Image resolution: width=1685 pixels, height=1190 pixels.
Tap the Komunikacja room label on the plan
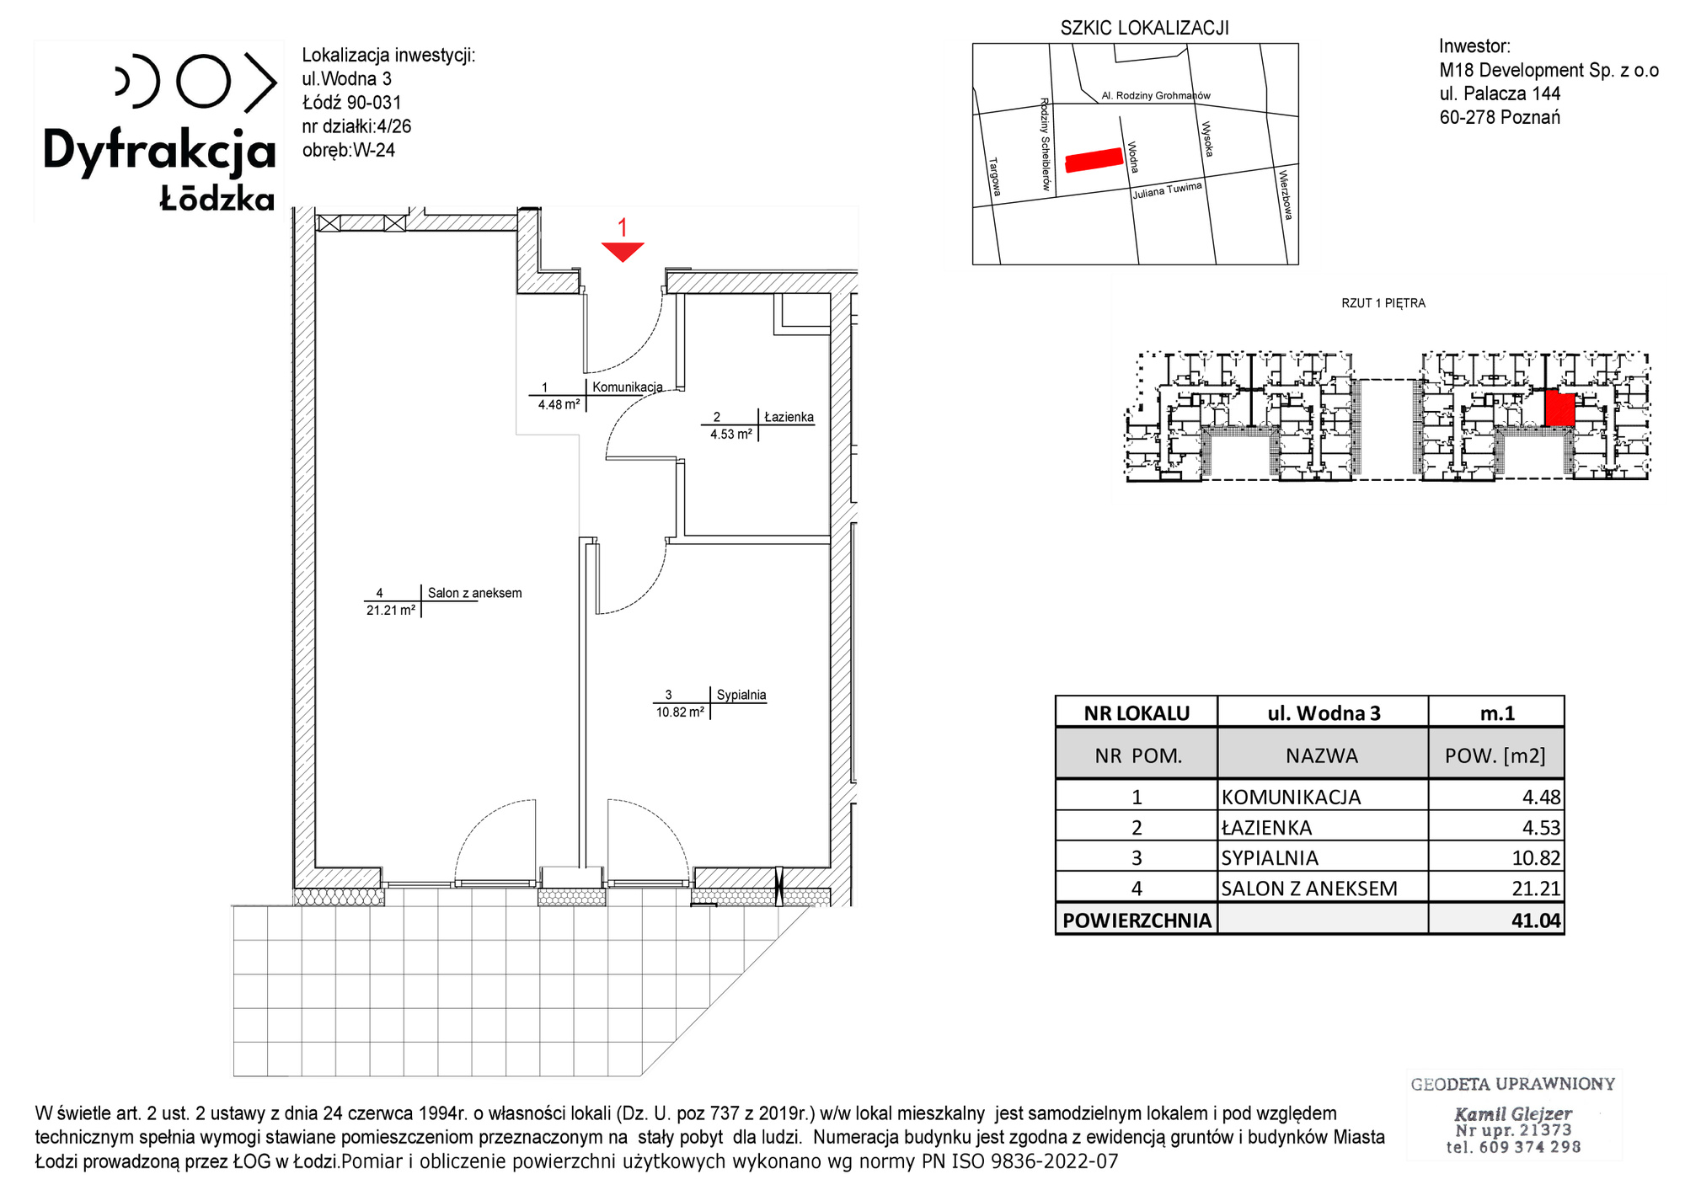pyautogui.click(x=628, y=387)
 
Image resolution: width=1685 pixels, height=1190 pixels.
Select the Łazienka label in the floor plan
pyautogui.click(x=789, y=417)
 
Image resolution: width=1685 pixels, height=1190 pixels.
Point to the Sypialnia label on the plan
pyautogui.click(x=741, y=695)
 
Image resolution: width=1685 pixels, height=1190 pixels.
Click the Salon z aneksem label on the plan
pyautogui.click(x=474, y=593)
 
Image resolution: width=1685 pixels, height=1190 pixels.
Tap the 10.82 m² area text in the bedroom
pyautogui.click(x=680, y=712)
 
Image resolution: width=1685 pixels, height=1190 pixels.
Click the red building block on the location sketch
pyautogui.click(x=1094, y=159)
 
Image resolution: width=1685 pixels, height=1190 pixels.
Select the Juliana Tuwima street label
pyautogui.click(x=1167, y=190)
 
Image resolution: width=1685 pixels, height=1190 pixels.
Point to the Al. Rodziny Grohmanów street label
pyautogui.click(x=1156, y=96)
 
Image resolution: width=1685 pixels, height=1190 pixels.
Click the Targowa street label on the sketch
pyautogui.click(x=994, y=177)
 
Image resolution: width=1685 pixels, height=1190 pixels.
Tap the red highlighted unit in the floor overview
pyautogui.click(x=1560, y=408)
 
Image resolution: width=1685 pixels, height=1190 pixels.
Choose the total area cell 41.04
pyautogui.click(x=1536, y=920)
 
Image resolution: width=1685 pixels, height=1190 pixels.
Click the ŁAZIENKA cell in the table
pyautogui.click(x=1266, y=828)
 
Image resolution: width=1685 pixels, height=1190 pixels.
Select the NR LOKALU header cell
pyautogui.click(x=1137, y=713)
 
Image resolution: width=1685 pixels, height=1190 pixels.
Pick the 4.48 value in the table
pyautogui.click(x=1541, y=797)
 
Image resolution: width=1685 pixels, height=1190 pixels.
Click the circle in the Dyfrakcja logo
pyautogui.click(x=203, y=81)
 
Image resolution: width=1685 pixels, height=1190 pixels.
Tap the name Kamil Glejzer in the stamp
pyautogui.click(x=1513, y=1113)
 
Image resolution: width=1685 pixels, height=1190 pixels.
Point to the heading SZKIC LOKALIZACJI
pyautogui.click(x=1144, y=28)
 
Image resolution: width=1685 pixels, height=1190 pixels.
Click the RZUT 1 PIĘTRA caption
pyautogui.click(x=1383, y=303)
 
